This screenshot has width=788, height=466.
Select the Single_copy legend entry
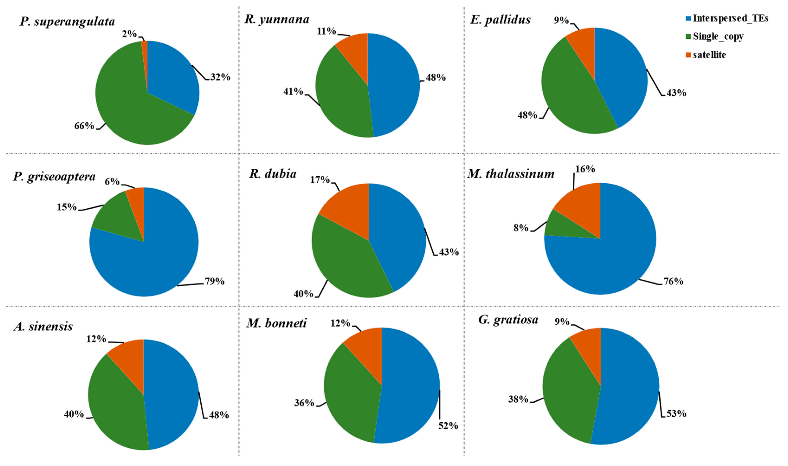718,36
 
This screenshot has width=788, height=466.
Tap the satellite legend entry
709,55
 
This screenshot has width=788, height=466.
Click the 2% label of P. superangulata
129,34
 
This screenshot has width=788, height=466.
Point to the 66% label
84,126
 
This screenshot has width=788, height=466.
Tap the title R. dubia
272,174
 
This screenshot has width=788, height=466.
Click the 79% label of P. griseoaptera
215,281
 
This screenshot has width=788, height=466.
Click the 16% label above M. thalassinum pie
585,169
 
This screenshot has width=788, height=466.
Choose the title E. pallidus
500,20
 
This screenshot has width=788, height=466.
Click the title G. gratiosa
508,320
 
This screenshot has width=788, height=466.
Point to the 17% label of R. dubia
319,180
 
